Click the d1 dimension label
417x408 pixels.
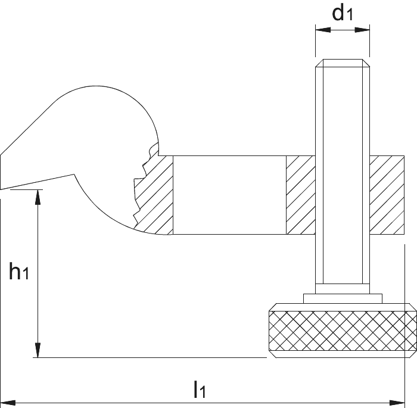tap(343, 13)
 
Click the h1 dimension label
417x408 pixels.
tap(18, 271)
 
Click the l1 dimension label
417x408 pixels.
tap(200, 390)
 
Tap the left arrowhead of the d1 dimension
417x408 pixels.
tap(323, 30)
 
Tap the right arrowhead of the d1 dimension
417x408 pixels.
tap(362, 30)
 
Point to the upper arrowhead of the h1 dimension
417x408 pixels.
tap(38, 197)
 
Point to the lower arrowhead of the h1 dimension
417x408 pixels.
tap(38, 350)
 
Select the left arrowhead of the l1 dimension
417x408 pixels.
tap(7, 403)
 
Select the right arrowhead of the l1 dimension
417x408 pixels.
tap(397, 403)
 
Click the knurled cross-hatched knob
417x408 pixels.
tap(343, 331)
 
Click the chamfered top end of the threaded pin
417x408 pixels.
tap(343, 63)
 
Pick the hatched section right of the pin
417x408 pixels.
tap(387, 195)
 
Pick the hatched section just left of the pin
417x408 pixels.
tap(301, 195)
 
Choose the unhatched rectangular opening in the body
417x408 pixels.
tap(229, 195)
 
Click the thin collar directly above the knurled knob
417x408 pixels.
tap(343, 298)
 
